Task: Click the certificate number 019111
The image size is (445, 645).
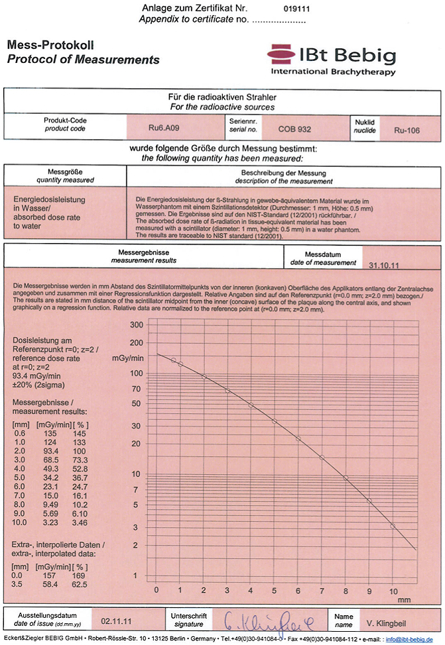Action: coord(296,10)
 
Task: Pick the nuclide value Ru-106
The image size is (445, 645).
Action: coord(407,130)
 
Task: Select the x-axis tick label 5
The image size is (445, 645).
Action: coord(275,590)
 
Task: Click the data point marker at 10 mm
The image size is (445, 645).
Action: coord(393,526)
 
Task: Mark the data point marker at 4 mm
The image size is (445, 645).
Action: coord(251,405)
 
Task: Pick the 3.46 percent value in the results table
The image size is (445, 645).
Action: coord(80,522)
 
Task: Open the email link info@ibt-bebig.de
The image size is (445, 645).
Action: coord(414,640)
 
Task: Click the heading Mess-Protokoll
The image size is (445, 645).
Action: coord(50,46)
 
